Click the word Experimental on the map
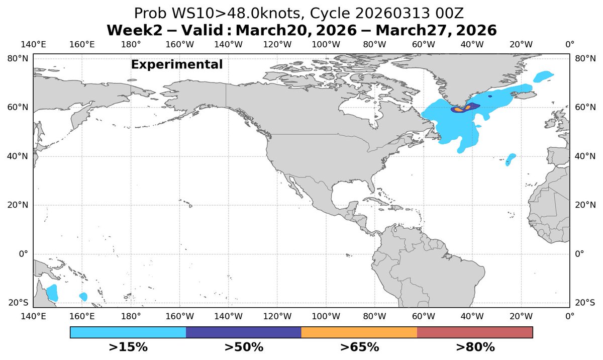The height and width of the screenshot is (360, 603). [176, 65]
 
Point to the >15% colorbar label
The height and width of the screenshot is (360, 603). [128, 347]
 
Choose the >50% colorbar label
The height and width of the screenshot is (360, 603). [244, 347]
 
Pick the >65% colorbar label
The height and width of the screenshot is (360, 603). [359, 347]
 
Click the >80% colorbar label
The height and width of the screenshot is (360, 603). [475, 347]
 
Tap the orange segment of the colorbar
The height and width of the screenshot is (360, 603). [359, 332]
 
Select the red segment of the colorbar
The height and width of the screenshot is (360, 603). [475, 332]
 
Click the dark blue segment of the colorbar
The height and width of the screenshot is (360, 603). [244, 332]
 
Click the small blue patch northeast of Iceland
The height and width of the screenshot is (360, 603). [543, 76]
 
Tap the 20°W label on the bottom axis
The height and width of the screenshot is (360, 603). [521, 316]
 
